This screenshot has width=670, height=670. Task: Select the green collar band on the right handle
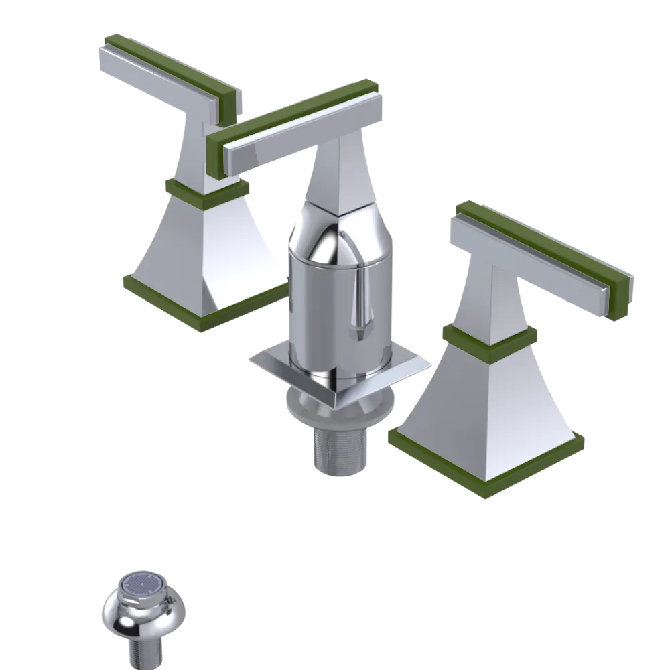tap(489, 338)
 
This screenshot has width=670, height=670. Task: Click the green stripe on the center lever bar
tap(295, 111)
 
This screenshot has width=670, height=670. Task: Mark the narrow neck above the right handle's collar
tap(496, 295)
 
